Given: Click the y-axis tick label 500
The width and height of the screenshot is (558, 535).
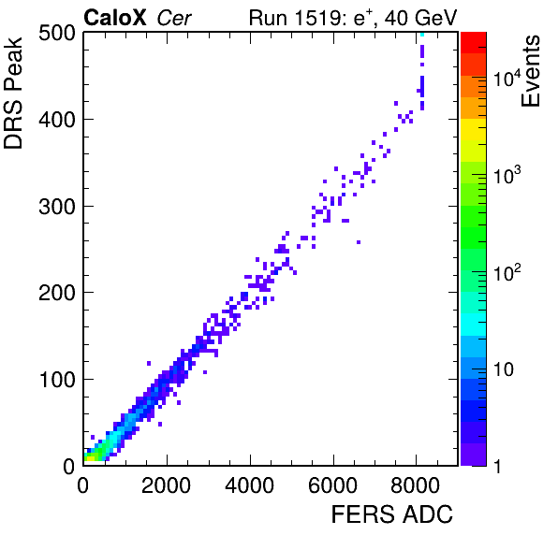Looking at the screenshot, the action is coord(57,34).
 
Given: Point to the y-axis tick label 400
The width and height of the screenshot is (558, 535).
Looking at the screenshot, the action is coord(57,120).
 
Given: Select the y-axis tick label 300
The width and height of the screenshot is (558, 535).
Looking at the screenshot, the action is coord(57,207).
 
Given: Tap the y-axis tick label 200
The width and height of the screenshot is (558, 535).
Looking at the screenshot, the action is coord(57,293).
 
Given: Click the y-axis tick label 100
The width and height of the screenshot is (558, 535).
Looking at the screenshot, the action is coord(58,380).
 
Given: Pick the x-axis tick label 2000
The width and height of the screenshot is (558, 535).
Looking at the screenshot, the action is coord(167,484).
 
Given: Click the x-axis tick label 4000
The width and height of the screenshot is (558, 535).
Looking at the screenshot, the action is coord(249,484).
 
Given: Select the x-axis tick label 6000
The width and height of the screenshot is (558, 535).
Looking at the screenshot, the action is coord(332,484).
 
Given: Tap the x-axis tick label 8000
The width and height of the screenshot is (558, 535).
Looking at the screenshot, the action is coord(416,484).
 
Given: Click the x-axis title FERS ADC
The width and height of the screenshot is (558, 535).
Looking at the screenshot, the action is coord(392,514).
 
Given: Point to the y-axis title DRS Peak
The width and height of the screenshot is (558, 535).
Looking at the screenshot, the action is coord(13,94).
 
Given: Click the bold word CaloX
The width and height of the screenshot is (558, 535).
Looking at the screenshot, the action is coord(115,18).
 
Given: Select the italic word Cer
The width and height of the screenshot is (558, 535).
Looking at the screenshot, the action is coord(174,18).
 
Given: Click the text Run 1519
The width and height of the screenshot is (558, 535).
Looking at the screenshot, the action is coord(295,18).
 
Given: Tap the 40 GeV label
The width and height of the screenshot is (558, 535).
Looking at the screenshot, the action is coord(420,18).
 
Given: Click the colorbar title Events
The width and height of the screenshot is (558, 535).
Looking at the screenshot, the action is coord(530,71).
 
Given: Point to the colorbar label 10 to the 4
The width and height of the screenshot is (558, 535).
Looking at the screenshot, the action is coord(507,79).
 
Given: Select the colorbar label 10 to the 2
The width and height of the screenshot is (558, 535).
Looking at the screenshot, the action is coord(507,273).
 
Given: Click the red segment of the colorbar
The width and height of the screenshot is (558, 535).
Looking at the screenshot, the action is coord(474,43).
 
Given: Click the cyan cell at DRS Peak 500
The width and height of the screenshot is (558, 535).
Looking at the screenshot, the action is coord(422,34).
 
